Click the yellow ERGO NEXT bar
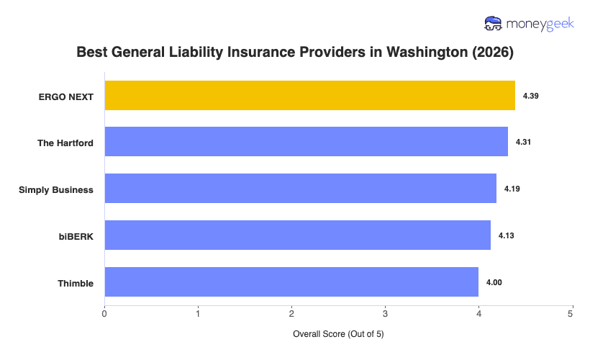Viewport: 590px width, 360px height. (309, 96)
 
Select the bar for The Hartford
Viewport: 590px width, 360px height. (307, 142)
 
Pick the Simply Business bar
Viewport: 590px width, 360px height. (301, 189)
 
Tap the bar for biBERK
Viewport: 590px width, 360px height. (298, 235)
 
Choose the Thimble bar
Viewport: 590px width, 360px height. (291, 282)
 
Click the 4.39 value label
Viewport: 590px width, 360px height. (531, 96)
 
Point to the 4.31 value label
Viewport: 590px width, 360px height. (524, 142)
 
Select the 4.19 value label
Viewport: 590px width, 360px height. (512, 189)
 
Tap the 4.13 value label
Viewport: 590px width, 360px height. (507, 235)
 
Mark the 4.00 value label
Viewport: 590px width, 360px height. (494, 282)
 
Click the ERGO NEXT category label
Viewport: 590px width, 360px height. (66, 96)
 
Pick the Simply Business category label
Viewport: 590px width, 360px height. (56, 189)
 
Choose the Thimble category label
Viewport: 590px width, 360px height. (76, 283)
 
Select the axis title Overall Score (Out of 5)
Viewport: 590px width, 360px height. (338, 335)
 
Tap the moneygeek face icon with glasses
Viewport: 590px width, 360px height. (494, 24)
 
